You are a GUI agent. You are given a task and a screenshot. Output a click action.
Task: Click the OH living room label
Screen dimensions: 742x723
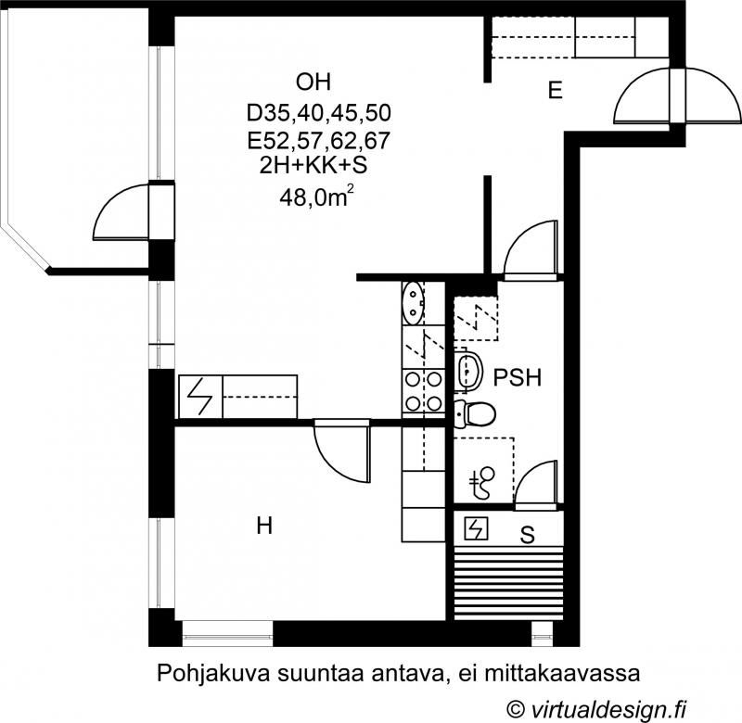[313, 82]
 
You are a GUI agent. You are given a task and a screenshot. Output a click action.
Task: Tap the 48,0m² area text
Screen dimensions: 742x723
[317, 197]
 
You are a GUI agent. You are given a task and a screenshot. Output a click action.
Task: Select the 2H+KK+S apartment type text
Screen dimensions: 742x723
[313, 166]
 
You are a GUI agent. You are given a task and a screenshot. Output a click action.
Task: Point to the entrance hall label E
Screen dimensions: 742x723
[555, 90]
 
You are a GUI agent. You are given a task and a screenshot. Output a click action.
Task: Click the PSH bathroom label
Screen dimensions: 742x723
[518, 378]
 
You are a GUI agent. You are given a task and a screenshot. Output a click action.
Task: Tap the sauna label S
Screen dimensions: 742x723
[527, 535]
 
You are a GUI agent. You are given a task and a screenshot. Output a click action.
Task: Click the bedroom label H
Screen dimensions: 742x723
[264, 526]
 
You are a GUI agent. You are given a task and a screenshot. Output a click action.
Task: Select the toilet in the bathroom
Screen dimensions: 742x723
[474, 413]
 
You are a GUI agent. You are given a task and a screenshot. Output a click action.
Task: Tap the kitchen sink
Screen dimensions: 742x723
[413, 303]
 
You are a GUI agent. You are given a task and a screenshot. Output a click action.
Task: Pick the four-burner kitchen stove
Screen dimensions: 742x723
[424, 391]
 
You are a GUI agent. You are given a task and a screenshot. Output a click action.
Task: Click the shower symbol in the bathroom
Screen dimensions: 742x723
[482, 483]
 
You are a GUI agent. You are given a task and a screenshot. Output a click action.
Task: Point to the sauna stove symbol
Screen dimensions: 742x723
[476, 528]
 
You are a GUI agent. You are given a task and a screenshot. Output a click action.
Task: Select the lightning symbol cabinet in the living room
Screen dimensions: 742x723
[200, 397]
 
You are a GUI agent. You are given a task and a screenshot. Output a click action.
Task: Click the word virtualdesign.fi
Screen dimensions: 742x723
[608, 709]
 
